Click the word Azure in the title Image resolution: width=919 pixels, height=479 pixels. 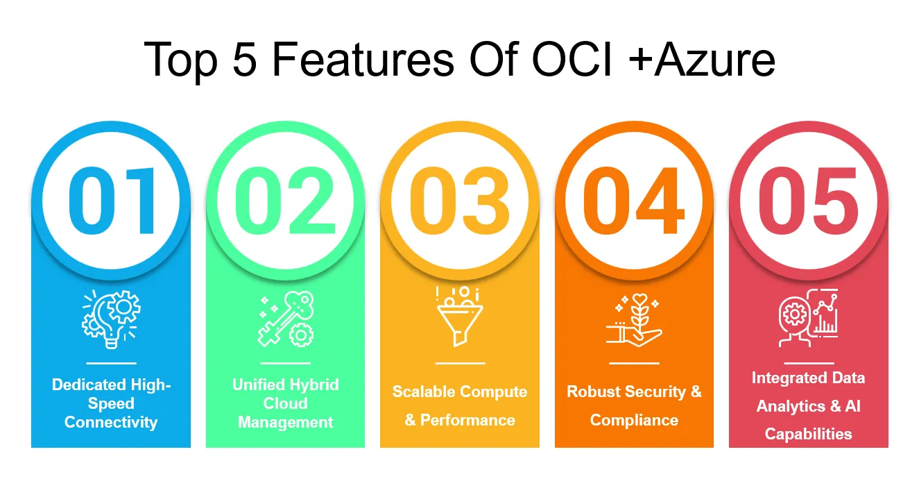(x=714, y=60)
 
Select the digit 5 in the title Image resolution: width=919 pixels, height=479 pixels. (x=244, y=60)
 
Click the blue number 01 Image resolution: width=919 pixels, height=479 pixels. (x=112, y=201)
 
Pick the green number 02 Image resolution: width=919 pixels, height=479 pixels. (x=286, y=201)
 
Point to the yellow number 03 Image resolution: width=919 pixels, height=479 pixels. (x=460, y=201)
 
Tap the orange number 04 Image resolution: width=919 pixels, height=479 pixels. (x=634, y=201)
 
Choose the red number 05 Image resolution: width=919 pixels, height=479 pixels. (x=808, y=201)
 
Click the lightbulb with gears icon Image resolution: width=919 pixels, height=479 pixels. (x=111, y=319)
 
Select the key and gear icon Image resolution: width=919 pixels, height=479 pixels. (x=286, y=319)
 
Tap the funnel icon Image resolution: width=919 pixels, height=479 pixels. (x=460, y=317)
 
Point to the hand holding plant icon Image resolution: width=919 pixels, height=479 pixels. (x=634, y=320)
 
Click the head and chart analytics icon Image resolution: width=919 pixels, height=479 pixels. (x=808, y=318)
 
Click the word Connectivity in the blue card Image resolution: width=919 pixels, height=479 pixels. (x=111, y=423)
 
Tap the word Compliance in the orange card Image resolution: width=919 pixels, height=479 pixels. (x=634, y=421)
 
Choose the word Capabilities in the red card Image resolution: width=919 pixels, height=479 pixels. (x=808, y=434)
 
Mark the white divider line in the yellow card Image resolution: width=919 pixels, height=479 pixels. (x=460, y=364)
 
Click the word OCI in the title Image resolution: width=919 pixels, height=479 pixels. (x=572, y=60)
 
